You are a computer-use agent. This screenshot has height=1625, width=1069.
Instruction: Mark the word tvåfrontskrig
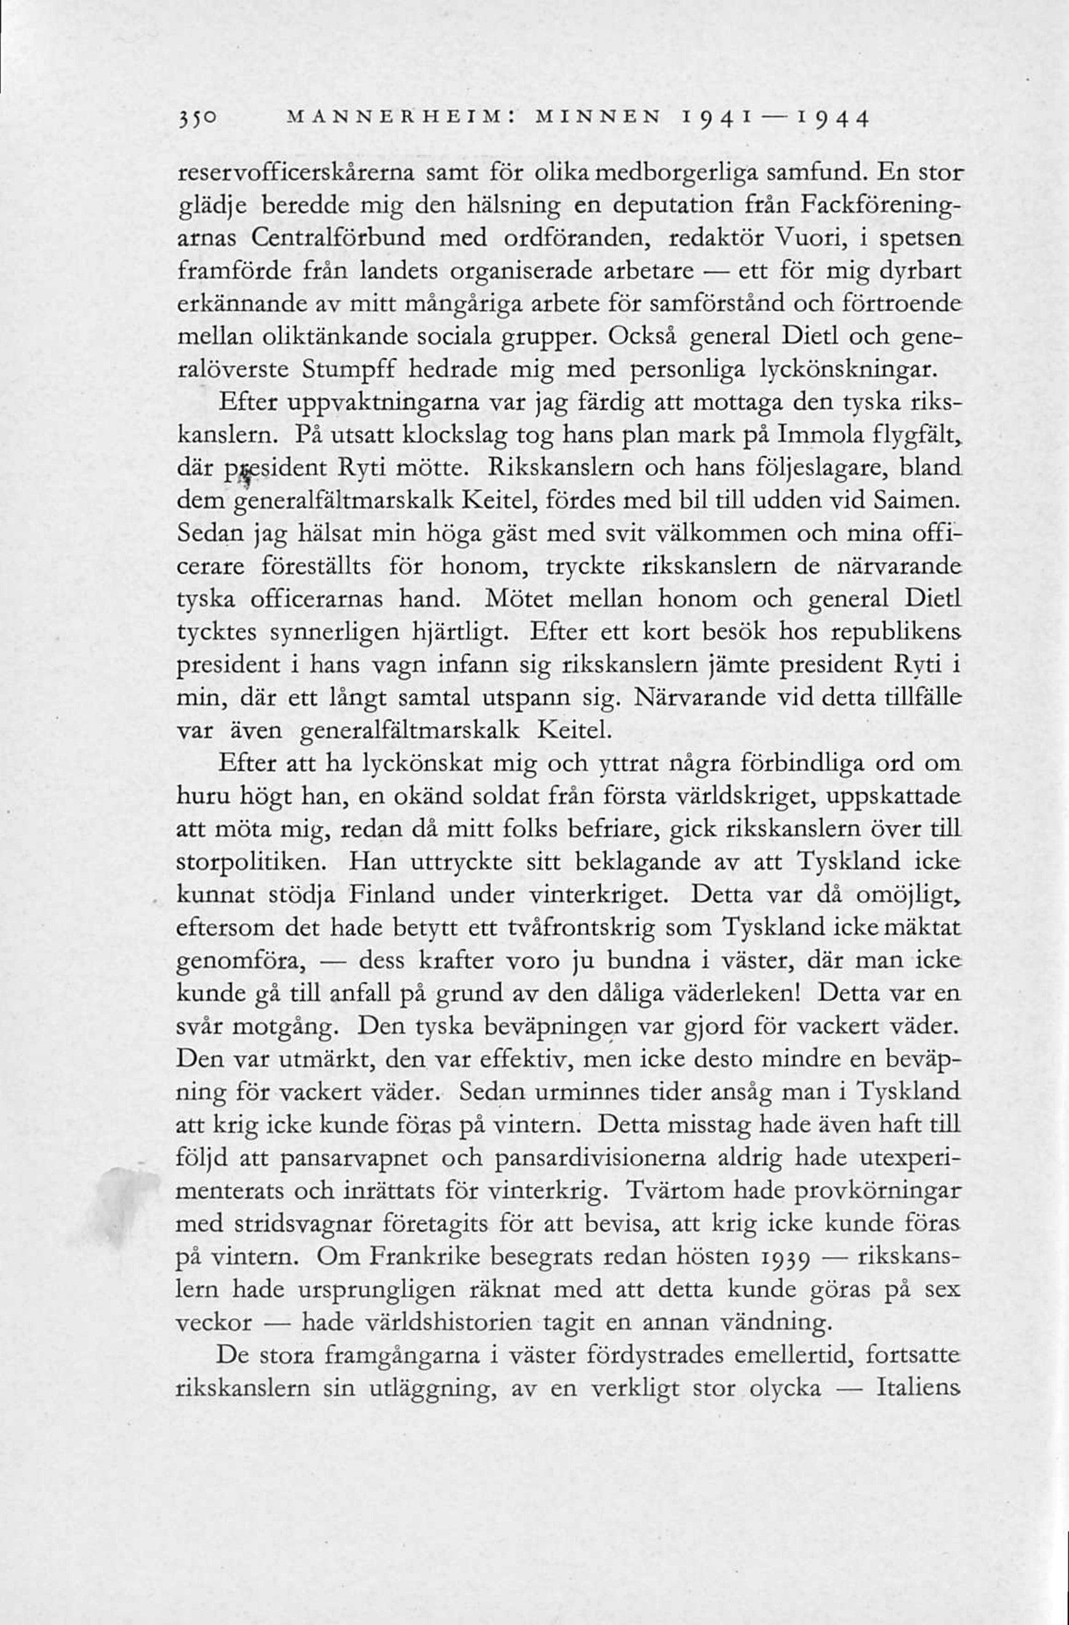[582, 928]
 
